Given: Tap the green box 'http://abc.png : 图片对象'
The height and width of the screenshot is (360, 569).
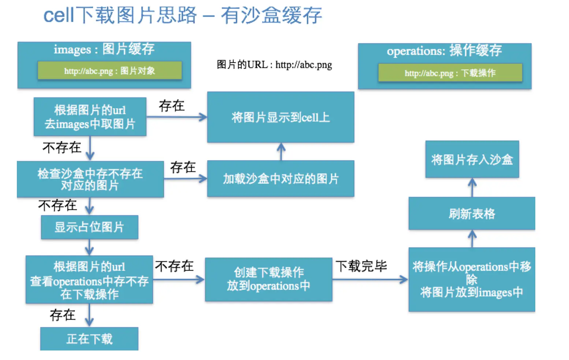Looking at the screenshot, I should coord(109,71).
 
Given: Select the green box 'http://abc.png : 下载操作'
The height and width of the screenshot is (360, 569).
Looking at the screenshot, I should coord(450,73).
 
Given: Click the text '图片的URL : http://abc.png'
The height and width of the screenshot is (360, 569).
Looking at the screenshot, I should coord(274,65).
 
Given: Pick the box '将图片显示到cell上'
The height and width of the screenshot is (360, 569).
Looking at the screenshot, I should coord(280,117).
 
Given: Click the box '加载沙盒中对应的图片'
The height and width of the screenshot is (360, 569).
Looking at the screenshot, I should coord(280,179).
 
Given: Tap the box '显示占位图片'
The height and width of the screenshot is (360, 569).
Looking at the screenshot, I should coord(89,227).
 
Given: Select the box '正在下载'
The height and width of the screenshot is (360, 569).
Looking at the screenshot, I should coord(89,339).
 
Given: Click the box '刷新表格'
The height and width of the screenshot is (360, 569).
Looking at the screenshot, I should coord(472,213).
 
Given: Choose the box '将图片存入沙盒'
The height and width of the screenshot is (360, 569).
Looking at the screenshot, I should coord(472,160).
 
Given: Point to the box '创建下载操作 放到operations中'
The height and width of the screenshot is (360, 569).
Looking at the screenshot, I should coord(268,279).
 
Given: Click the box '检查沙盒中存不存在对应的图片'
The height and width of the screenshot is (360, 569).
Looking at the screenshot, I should coord(90,179).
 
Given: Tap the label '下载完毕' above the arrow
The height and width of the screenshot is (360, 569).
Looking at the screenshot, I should coord(361,266).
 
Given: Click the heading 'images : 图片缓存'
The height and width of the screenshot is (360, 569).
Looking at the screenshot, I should coord(104,49).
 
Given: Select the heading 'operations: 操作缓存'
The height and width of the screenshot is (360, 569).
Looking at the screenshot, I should coord(444,50).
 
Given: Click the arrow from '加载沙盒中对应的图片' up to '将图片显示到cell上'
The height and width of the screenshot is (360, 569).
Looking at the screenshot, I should coord(281,151).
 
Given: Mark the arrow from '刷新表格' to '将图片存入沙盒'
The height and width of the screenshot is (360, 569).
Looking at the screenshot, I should coord(472,187).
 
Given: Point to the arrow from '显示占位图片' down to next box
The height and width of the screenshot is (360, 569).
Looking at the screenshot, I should coord(89,247).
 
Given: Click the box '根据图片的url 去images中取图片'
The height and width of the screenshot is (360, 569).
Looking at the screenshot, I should coord(90,117).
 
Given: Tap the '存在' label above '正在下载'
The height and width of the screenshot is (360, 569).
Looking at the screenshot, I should coord(63,315).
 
